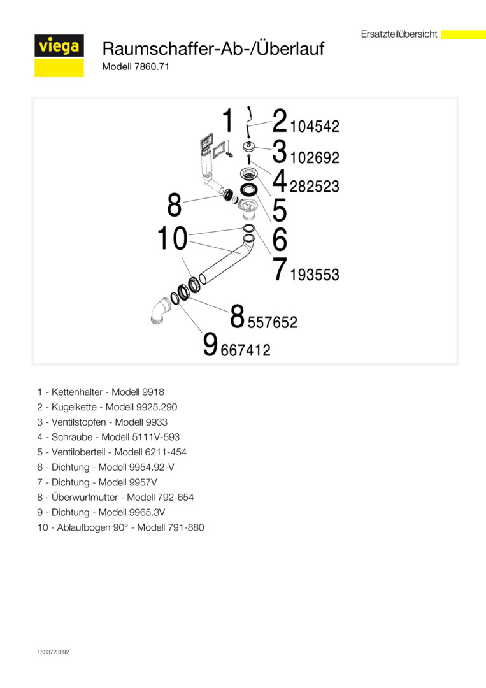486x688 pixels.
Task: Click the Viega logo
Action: pos(59,47)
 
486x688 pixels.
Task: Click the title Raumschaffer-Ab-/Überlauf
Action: pos(213,48)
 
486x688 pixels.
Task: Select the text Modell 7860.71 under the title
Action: pos(135,66)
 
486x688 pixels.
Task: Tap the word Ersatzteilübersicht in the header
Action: pos(399,34)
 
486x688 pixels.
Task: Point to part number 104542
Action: pos(315,127)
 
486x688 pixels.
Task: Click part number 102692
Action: pos(315,157)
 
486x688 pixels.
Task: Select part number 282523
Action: pos(315,187)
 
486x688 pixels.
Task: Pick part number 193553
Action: pos(315,275)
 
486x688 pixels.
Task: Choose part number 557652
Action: pos(273,322)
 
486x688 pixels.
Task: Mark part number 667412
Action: pos(245,350)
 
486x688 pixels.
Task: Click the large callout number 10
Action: pos(172,240)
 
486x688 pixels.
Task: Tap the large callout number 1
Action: pos(228,121)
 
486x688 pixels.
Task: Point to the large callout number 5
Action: pos(280,210)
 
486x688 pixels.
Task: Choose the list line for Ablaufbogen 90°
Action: pos(121,527)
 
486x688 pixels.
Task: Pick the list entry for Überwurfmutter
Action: pos(115,497)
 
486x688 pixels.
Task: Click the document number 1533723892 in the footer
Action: pos(54,652)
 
